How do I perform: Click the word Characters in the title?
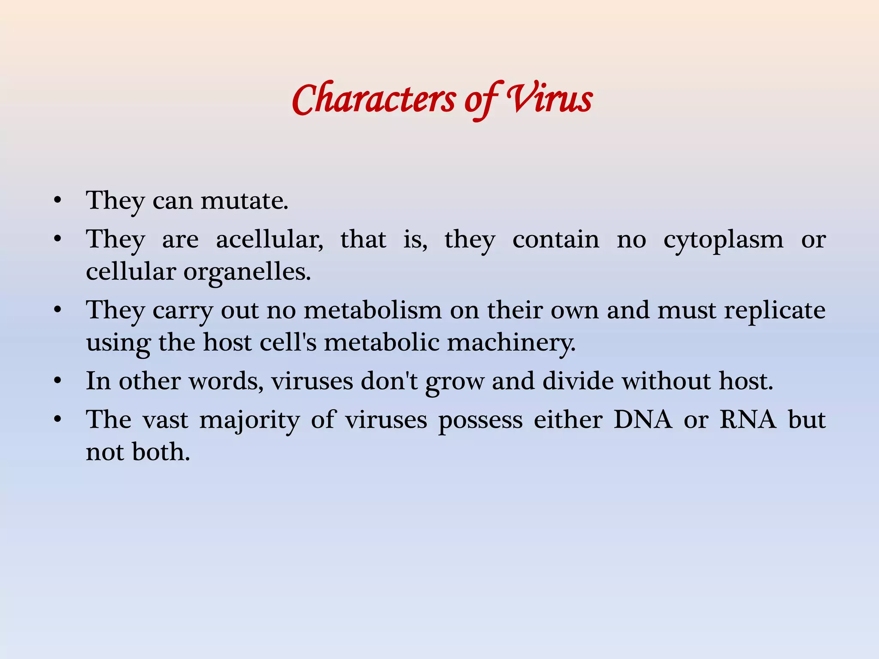(x=373, y=100)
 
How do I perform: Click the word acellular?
(x=270, y=239)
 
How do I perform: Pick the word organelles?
(x=247, y=272)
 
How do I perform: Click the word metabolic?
(x=382, y=342)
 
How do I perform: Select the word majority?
(x=249, y=420)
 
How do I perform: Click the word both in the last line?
(x=161, y=452)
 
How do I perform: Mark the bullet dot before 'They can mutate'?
(x=58, y=200)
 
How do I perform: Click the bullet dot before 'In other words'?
(x=58, y=381)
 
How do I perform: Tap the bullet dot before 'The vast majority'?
(x=58, y=420)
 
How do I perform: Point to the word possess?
(x=480, y=420)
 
